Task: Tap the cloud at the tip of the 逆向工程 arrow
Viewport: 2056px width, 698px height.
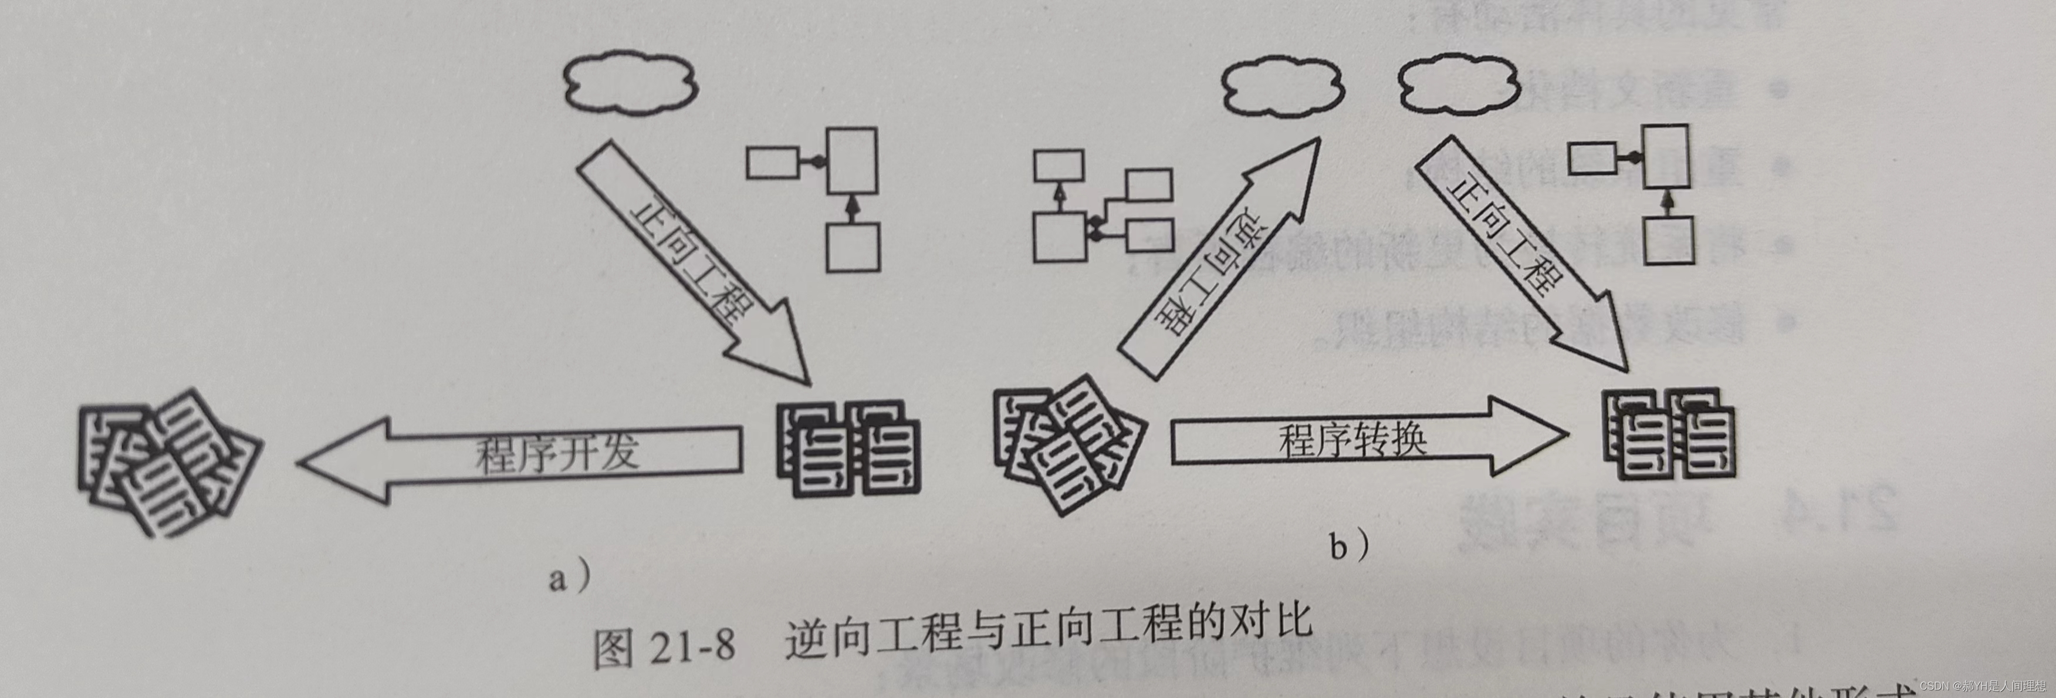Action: click(1283, 89)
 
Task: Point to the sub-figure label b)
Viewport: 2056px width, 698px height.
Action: click(1349, 545)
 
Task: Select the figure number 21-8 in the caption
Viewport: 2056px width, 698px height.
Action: click(691, 647)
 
